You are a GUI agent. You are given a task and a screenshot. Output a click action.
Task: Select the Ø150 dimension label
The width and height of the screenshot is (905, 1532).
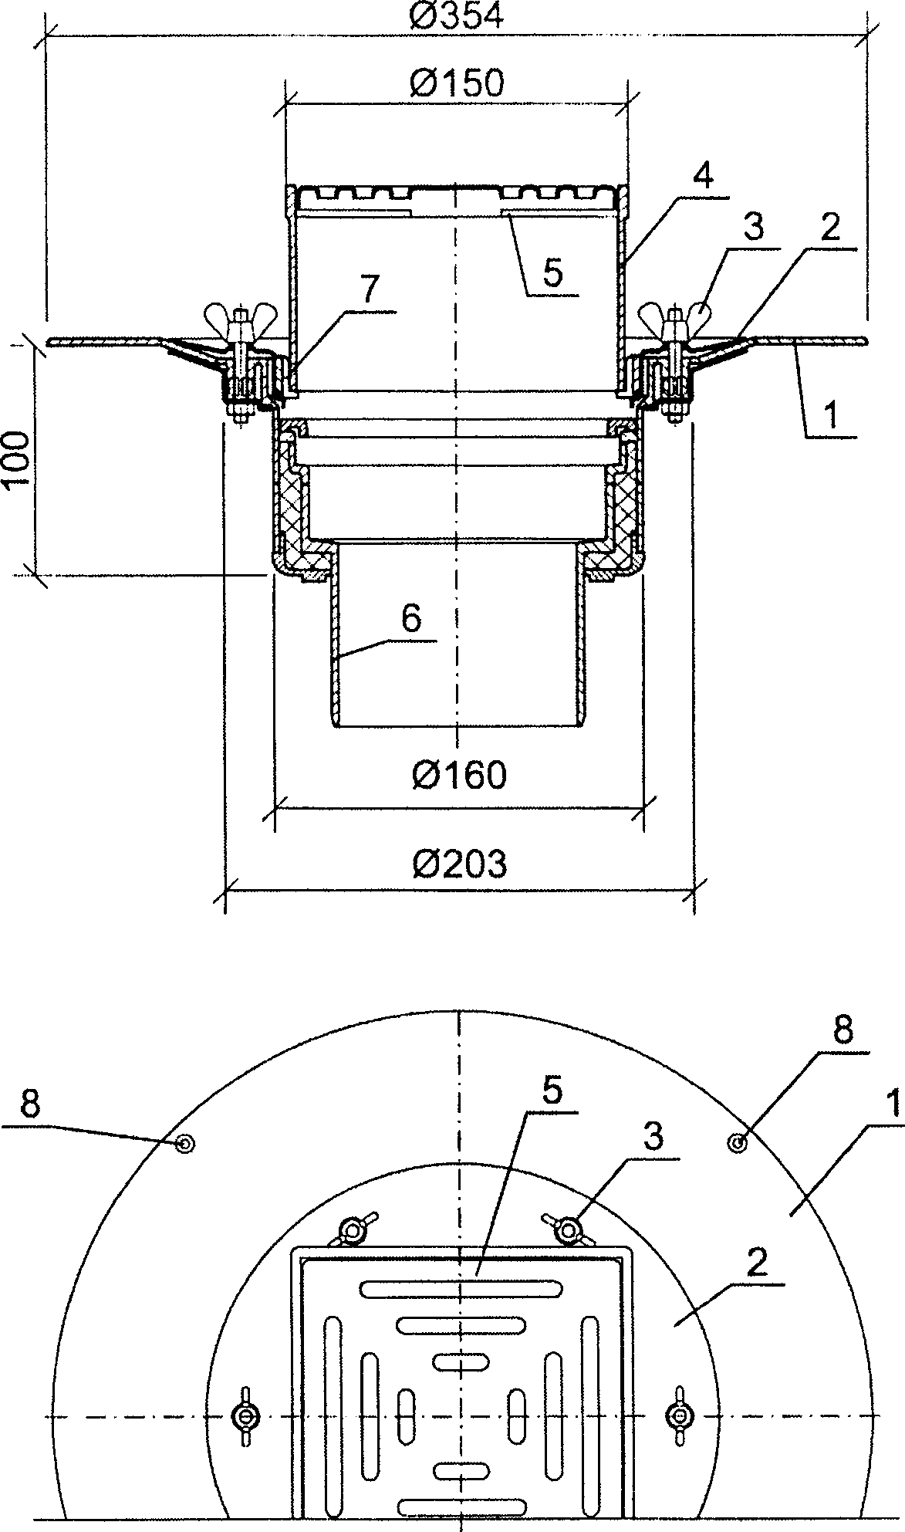pos(457,83)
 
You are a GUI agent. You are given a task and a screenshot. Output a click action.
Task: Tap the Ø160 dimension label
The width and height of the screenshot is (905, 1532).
pos(460,774)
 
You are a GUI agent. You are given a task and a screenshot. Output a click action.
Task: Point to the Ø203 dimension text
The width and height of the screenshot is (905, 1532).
pos(460,864)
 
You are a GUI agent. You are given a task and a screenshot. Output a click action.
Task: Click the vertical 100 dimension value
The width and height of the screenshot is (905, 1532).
pos(16,458)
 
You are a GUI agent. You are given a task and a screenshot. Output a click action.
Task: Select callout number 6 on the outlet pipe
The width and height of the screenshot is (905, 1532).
pos(411,618)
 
